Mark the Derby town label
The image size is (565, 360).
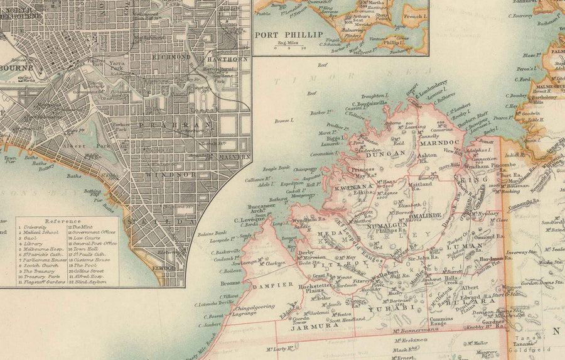coord(306,253)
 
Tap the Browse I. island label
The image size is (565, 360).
coord(284,119)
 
